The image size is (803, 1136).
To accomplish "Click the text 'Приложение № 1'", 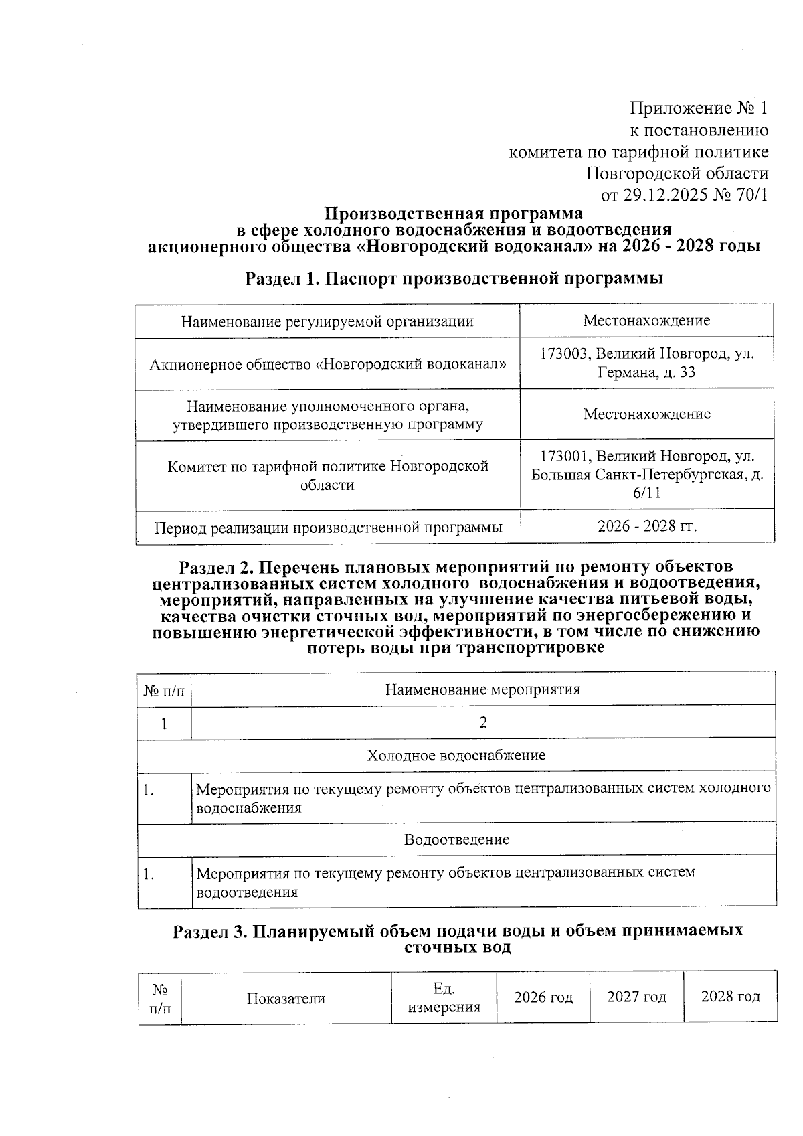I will click(699, 108).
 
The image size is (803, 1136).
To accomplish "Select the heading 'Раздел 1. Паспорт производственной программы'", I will click(454, 278).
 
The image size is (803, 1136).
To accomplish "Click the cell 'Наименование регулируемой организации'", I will click(327, 321).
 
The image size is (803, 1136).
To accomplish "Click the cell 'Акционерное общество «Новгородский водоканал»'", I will click(327, 364).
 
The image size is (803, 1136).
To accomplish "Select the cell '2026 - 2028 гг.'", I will click(647, 526).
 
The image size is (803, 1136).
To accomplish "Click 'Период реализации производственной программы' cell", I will click(328, 528).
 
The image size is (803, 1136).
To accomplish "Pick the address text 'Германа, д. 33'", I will click(646, 372).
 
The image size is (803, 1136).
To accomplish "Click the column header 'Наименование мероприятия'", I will click(482, 689).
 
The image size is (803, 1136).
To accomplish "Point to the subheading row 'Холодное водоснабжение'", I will click(456, 755).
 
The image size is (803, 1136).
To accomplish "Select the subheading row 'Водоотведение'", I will click(456, 839).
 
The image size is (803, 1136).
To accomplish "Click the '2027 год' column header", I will click(636, 997).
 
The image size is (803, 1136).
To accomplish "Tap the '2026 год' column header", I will click(543, 997).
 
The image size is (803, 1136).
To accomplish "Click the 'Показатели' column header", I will click(286, 999).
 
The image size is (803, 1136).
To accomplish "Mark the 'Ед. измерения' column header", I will click(444, 998).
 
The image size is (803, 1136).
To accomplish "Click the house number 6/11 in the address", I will click(646, 493).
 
